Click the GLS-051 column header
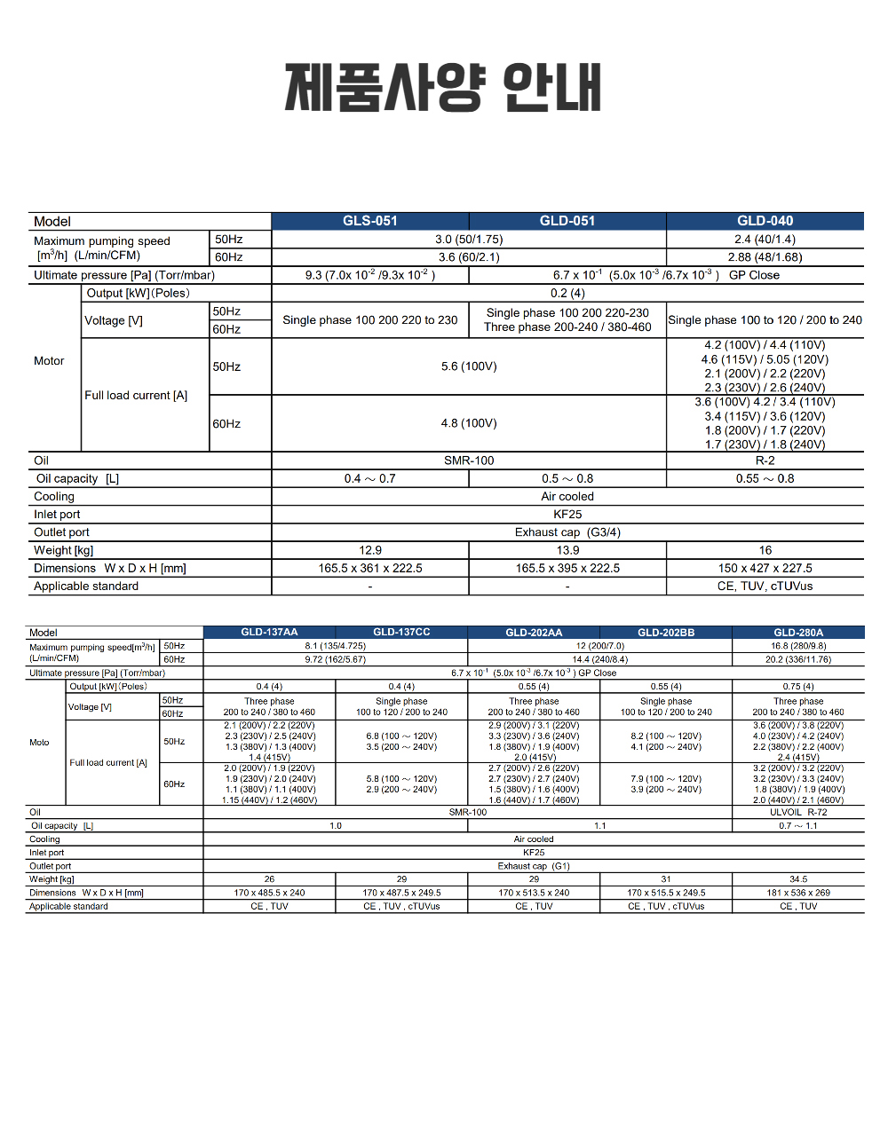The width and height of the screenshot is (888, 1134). [370, 221]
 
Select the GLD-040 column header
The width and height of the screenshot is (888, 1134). [765, 221]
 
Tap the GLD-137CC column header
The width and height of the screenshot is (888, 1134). [401, 633]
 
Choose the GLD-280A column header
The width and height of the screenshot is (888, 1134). [798, 633]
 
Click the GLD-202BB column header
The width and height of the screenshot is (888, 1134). [666, 633]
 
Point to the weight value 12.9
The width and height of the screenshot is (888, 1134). [370, 550]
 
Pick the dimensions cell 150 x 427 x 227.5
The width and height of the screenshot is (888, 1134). [765, 568]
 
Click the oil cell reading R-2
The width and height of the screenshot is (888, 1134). [765, 461]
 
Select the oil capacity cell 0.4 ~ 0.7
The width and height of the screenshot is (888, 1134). [370, 478]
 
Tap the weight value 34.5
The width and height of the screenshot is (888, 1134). [798, 879]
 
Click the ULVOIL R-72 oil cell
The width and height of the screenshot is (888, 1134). [798, 812]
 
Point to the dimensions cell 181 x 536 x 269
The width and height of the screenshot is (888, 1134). [798, 893]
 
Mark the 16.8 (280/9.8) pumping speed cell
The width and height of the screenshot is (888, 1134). [798, 646]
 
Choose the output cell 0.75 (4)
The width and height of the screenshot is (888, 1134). [798, 687]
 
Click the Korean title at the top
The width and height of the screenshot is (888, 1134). [443, 87]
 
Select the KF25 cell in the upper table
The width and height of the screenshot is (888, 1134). [567, 515]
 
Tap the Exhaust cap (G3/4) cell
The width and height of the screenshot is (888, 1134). [567, 532]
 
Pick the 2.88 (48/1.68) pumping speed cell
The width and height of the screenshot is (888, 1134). [765, 257]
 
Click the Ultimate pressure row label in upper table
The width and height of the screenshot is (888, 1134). [124, 275]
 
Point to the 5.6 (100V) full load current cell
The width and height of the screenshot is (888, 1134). [469, 366]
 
